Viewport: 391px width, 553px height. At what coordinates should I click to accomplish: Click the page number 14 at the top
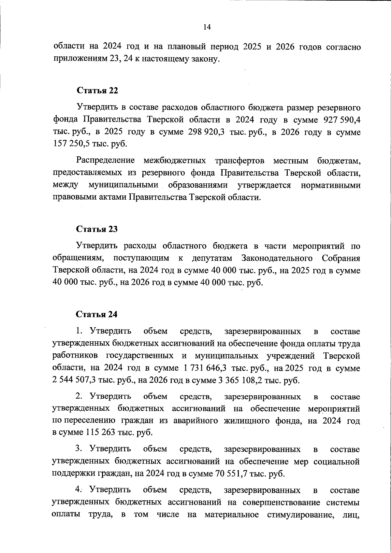pyautogui.click(x=207, y=27)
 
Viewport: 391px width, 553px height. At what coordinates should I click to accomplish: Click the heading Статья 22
pyautogui.click(x=97, y=91)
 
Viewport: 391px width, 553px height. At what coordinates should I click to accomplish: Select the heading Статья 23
pyautogui.click(x=97, y=229)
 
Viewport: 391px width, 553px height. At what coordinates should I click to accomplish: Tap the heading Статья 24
pyautogui.click(x=96, y=314)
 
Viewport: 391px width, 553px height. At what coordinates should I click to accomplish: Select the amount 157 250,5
pyautogui.click(x=71, y=144)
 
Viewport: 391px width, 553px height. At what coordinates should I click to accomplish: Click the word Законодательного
pyautogui.click(x=277, y=258)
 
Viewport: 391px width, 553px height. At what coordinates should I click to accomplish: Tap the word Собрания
pyautogui.click(x=341, y=258)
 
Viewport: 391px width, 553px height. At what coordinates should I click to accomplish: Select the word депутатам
pyautogui.click(x=212, y=258)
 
